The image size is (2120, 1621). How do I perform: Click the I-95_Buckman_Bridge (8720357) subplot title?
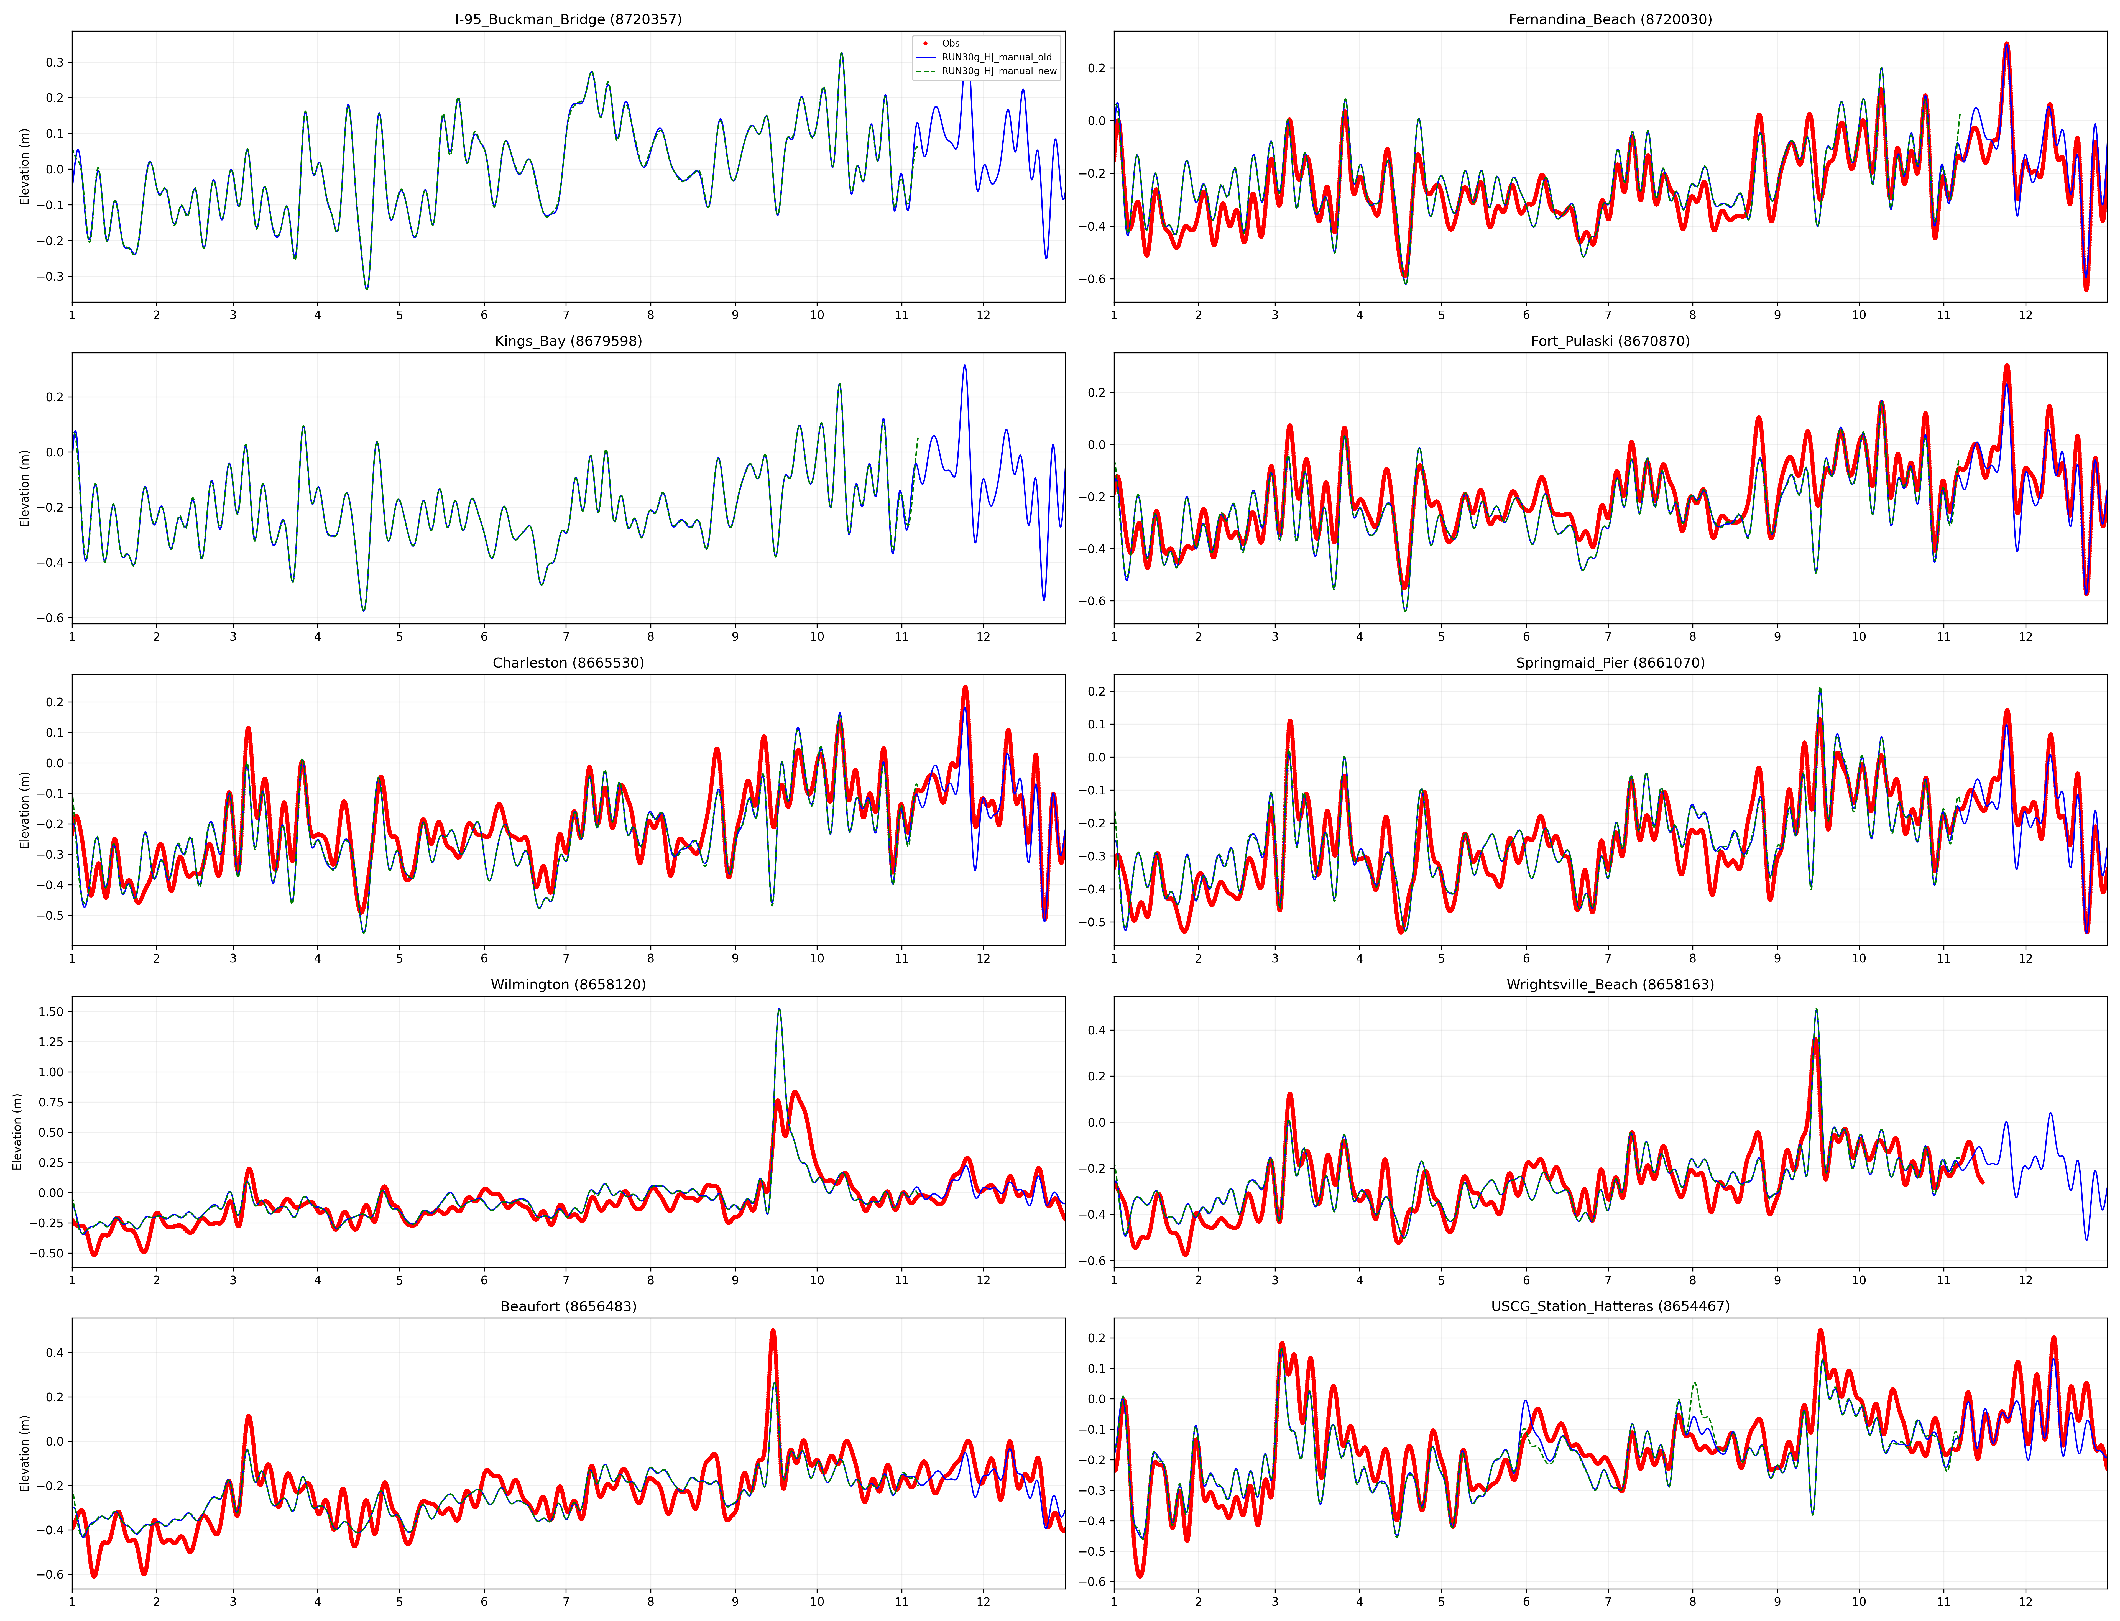pyautogui.click(x=568, y=19)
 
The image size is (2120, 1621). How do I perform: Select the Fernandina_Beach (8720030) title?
pyautogui.click(x=1610, y=19)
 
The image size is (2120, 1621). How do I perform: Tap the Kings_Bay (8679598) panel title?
pyautogui.click(x=568, y=341)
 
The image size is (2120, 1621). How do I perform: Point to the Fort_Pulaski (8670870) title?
pyautogui.click(x=1610, y=341)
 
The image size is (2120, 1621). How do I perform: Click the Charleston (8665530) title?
pyautogui.click(x=568, y=663)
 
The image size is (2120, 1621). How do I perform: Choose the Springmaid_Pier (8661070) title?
pyautogui.click(x=1610, y=663)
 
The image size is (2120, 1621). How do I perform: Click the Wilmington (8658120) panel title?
pyautogui.click(x=568, y=984)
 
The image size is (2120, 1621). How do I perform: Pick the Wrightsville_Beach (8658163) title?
pyautogui.click(x=1610, y=984)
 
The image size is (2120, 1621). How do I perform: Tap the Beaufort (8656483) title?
pyautogui.click(x=568, y=1306)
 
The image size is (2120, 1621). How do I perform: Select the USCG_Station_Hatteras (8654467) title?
pyautogui.click(x=1610, y=1306)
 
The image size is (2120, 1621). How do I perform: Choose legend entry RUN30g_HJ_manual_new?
pyautogui.click(x=999, y=71)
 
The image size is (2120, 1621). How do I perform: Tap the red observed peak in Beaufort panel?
pyautogui.click(x=773, y=1331)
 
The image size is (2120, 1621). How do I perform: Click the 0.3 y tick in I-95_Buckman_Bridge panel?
pyautogui.click(x=54, y=62)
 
